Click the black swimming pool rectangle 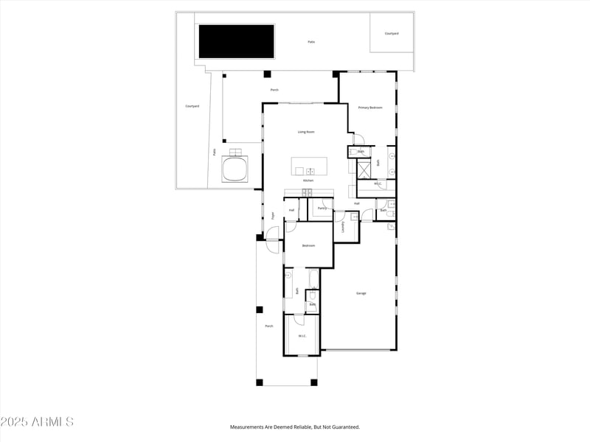point(235,41)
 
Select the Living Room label point(306,132)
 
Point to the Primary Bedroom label point(370,108)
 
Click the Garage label point(361,293)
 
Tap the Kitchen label point(308,180)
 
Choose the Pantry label point(322,208)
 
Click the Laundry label point(343,227)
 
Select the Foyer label point(273,216)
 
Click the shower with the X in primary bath point(364,169)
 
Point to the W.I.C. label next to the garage point(302,337)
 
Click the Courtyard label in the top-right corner point(392,33)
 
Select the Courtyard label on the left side point(192,106)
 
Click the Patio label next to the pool point(311,42)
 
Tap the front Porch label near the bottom point(269,326)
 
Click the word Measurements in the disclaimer point(249,427)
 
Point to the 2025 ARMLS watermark point(37,422)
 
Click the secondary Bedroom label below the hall point(308,245)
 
